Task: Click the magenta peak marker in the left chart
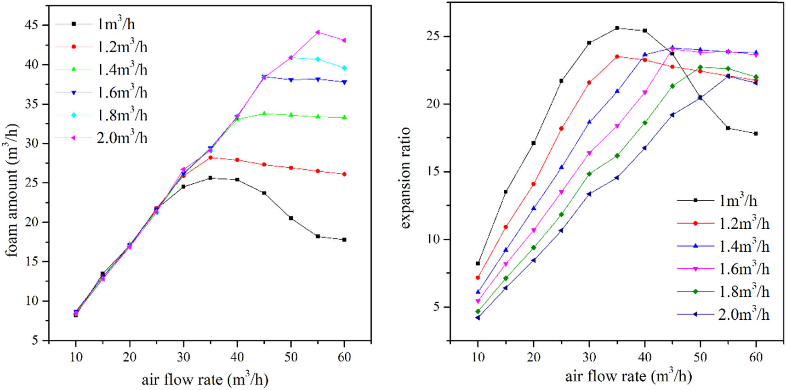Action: pos(318,32)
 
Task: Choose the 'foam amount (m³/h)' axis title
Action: pos(12,190)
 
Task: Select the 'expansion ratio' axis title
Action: pos(404,178)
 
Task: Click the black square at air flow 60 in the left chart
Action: pos(344,240)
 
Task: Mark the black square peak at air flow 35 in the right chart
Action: pos(617,28)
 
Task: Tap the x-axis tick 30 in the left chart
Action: pos(183,357)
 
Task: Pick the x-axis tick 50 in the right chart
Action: pos(700,357)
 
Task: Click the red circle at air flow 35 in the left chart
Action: pos(211,158)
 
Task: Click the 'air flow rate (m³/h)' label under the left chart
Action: pos(205,380)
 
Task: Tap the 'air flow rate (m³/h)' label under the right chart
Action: pos(628,377)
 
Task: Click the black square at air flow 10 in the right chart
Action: pos(478,264)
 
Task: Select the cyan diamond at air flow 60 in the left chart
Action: pos(344,68)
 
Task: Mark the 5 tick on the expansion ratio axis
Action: pos(436,307)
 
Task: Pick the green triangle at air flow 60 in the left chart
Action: pos(344,118)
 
